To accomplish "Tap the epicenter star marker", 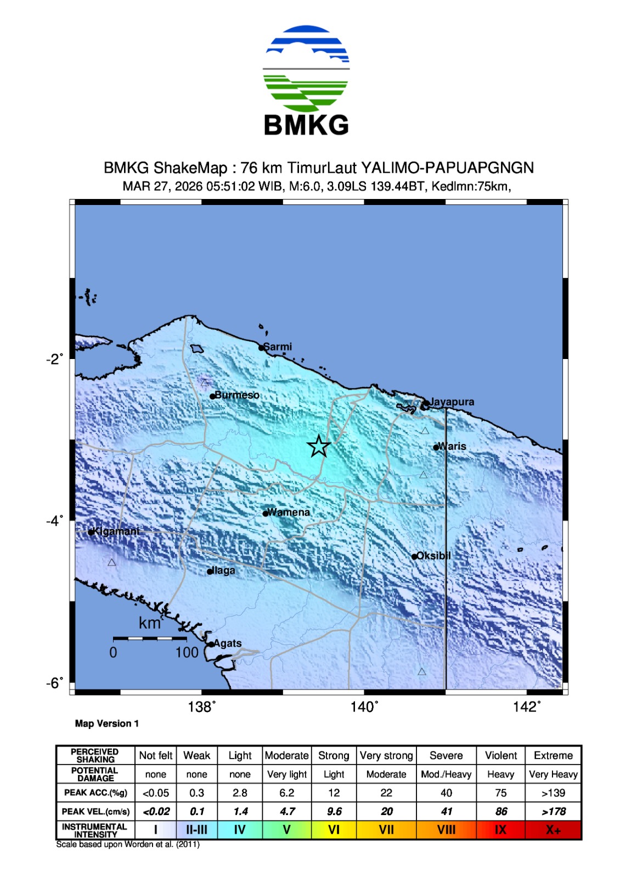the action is click(319, 446).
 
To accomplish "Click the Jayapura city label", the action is click(452, 402).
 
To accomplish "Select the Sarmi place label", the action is click(278, 346).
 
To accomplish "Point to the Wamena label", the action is click(289, 512).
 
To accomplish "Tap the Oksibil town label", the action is click(433, 555).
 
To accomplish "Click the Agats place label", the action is click(227, 643).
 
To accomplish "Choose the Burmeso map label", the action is click(237, 395).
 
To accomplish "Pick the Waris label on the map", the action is click(452, 446).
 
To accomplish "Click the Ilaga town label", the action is click(223, 570).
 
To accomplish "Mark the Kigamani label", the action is click(116, 531).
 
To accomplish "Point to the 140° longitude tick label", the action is click(364, 707).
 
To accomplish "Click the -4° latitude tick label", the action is click(54, 520).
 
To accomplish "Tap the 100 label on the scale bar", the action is click(187, 652).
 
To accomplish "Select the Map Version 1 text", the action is click(107, 724).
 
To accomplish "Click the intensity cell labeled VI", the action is click(334, 830).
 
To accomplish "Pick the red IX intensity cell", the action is click(500, 830).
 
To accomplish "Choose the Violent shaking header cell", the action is click(500, 755).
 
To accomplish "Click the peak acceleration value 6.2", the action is click(286, 793).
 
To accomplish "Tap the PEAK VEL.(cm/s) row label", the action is click(95, 811).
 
